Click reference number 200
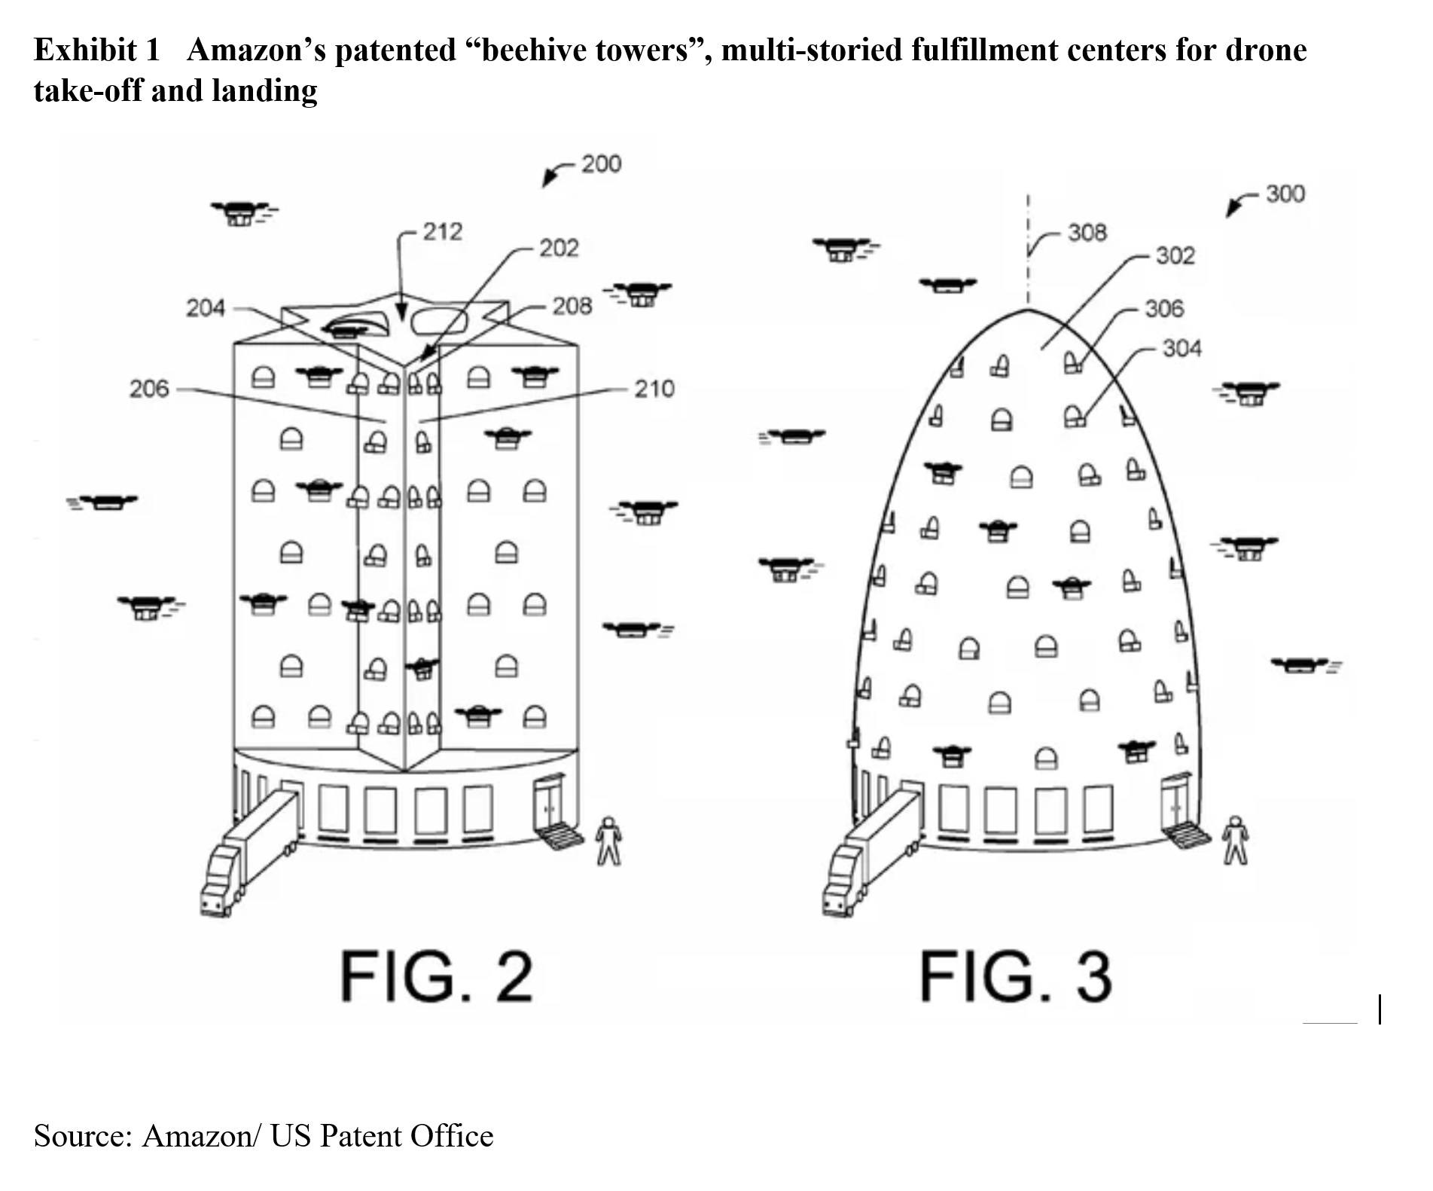coord(601,163)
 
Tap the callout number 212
coord(443,231)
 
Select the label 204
coord(206,307)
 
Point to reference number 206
coord(149,389)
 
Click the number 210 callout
coord(654,389)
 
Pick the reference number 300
coord(1285,194)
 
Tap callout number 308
coord(1087,232)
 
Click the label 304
coord(1181,348)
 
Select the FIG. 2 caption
coord(437,976)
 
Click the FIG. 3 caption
coord(1015,976)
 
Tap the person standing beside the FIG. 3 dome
coord(1235,839)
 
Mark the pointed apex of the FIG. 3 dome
coord(1028,309)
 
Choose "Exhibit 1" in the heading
coord(97,50)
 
